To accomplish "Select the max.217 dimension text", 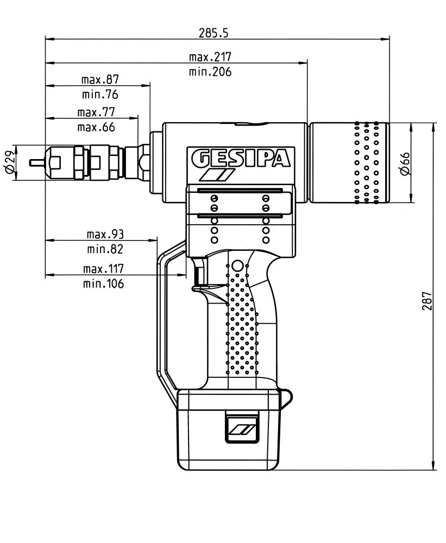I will (210, 56).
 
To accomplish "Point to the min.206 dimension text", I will (210, 72).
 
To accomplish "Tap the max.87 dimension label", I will (100, 79).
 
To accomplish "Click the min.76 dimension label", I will (100, 94).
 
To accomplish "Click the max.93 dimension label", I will (105, 235).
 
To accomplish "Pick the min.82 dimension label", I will (105, 249).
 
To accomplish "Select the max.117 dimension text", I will (103, 269).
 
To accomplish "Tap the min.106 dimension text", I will (103, 283).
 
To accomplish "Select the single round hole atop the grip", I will (236, 266).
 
